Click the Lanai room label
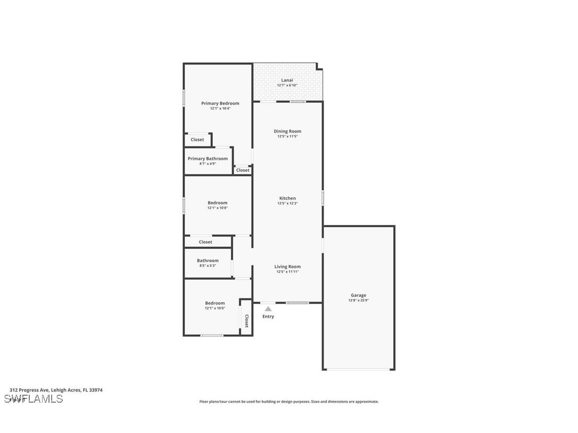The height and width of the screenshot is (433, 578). pos(287,80)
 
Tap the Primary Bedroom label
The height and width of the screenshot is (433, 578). pos(220,103)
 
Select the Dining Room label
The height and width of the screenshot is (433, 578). pos(287,131)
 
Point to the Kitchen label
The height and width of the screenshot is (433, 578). pos(287,198)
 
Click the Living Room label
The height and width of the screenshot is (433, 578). pos(287,267)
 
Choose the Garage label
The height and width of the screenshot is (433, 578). pos(358,295)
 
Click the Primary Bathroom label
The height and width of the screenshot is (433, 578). pos(208,159)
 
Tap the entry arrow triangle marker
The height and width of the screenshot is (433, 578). pos(268,309)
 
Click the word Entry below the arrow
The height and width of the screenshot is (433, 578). pos(268,317)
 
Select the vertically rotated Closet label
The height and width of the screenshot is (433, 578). pos(246,320)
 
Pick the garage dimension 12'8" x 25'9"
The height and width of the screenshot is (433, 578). pos(358,301)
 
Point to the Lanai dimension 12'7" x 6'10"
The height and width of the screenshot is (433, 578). pos(287,86)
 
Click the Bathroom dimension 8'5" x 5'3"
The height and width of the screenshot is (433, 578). pos(208,265)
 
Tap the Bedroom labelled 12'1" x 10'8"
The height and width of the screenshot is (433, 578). pos(217,203)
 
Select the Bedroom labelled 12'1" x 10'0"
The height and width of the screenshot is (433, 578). pos(215,303)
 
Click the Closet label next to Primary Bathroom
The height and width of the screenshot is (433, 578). pos(243,170)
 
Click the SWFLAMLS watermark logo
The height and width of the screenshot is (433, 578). pos(34,398)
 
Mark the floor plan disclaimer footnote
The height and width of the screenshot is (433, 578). pos(289,402)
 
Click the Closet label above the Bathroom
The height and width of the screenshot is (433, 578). pos(205,242)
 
